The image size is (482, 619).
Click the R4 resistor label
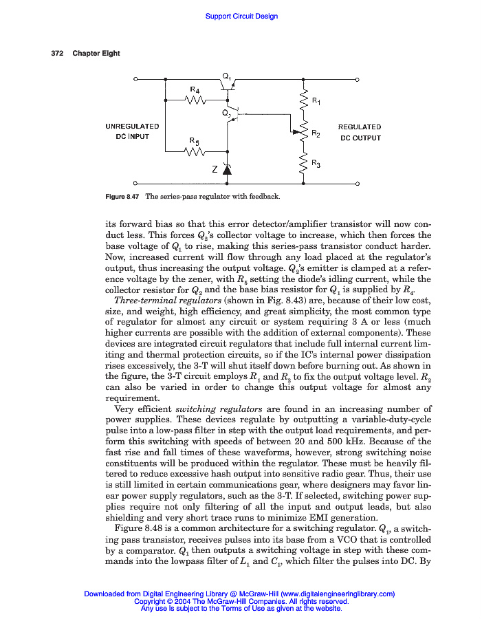coord(195,90)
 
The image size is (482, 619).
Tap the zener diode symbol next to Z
coord(227,169)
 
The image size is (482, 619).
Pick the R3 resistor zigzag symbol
coord(303,164)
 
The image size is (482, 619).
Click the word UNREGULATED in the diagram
coord(133,127)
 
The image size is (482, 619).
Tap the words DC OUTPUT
coord(360,138)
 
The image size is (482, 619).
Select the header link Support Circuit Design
coord(241,16)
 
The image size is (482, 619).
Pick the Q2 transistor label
coord(226,112)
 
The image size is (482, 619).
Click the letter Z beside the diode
coord(214,171)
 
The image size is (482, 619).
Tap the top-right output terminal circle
coord(358,80)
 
